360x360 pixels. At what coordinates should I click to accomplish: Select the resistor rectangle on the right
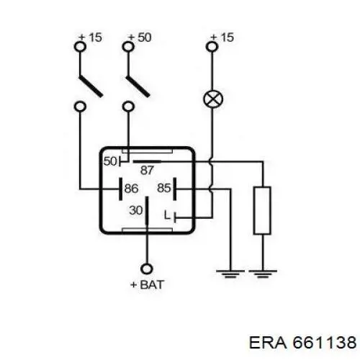point(263,210)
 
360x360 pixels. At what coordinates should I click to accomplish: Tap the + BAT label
point(147,285)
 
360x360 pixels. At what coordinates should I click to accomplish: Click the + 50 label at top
point(140,37)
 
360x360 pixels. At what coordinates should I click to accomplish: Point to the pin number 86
point(131,189)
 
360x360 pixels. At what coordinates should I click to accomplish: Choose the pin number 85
point(164,188)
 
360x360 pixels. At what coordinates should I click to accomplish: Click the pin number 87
point(147,171)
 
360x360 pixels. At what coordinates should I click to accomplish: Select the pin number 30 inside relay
point(136,210)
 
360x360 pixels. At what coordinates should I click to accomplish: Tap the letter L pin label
point(167,215)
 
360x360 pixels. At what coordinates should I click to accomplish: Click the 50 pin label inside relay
point(110,161)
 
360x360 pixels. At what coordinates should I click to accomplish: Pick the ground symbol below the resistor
point(263,274)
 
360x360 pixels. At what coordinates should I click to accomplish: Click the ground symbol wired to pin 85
point(230,274)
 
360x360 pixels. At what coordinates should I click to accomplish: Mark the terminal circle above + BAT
point(146,269)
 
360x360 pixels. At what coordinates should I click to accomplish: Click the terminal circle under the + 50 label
point(128,46)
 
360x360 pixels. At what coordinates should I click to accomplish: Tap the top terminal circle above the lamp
point(212,46)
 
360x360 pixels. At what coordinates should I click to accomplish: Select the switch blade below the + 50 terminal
point(138,86)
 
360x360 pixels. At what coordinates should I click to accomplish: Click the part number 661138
point(325,342)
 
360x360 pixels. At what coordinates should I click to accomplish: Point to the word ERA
point(268,342)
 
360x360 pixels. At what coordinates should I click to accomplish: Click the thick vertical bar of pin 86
point(121,189)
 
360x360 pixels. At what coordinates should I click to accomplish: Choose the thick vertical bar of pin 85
point(174,189)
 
